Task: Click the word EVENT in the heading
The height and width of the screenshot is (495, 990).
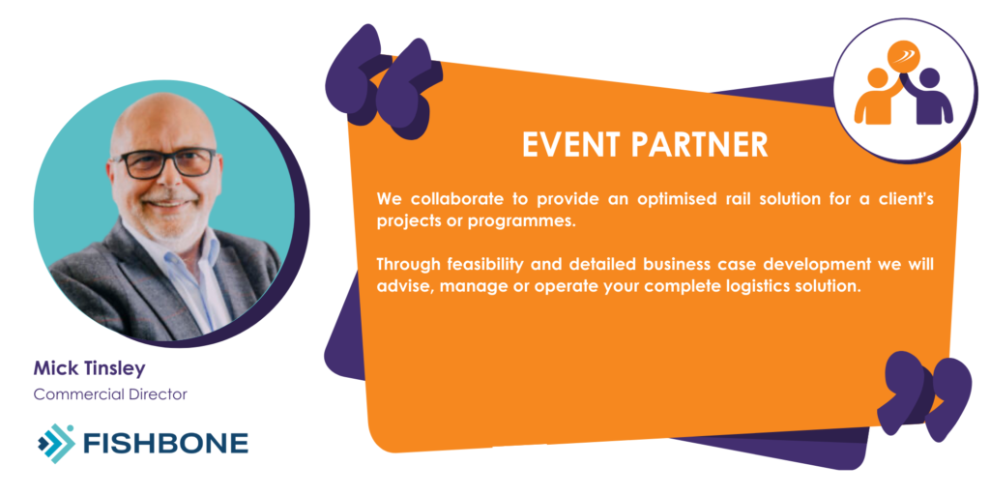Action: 571,145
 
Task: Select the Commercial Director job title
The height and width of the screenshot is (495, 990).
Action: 110,394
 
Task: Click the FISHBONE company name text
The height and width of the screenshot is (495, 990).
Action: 166,444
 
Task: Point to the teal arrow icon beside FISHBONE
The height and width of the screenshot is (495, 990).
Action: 55,443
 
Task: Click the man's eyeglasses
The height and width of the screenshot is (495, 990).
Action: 164,162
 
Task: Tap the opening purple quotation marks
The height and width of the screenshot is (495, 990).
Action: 383,82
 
